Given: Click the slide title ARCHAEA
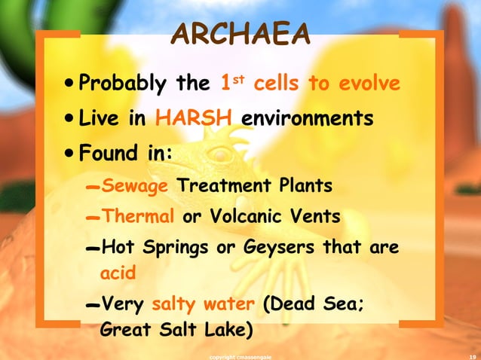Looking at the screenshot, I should coord(240,34).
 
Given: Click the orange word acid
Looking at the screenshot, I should coord(117,273).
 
